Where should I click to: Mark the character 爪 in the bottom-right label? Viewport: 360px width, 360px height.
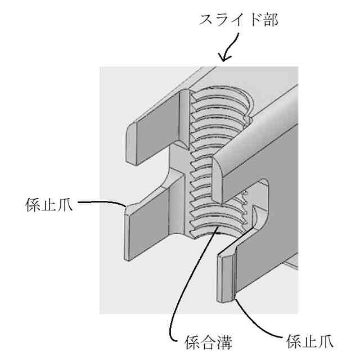pos(326,340)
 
